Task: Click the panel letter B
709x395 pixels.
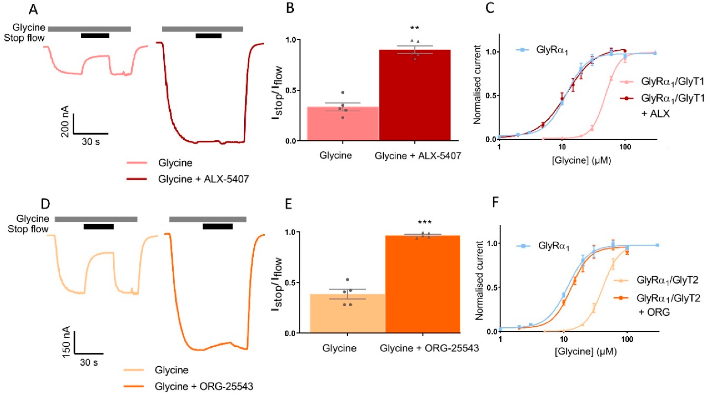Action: [290, 9]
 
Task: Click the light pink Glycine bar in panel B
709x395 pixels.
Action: [343, 124]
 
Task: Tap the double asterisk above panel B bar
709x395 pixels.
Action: [415, 28]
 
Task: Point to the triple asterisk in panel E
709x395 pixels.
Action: [425, 222]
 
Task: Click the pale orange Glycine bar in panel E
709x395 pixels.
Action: [347, 314]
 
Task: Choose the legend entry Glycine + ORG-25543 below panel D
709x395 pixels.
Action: [204, 386]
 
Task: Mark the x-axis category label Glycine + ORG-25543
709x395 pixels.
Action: [429, 348]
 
